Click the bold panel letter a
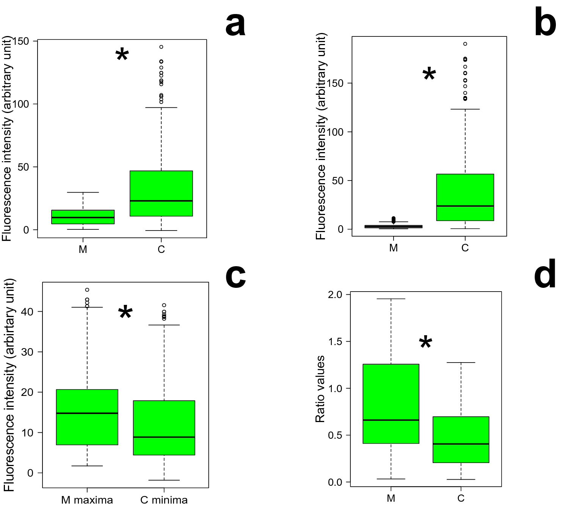coord(235,25)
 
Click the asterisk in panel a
coord(122,55)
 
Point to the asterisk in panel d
coord(425,343)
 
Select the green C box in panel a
coord(161,193)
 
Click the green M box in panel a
coord(83,217)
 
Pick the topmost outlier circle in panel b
coord(465,44)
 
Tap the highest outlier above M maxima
coord(87,290)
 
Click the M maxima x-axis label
coord(87,500)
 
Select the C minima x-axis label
coord(164,500)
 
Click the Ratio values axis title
coord(320,389)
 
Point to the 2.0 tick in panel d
coord(335,295)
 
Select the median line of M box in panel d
coord(391,420)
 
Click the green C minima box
coord(164,427)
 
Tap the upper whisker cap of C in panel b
coord(465,109)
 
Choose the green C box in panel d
coord(461,440)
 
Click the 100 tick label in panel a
coord(21,104)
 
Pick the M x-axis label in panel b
coord(394,248)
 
